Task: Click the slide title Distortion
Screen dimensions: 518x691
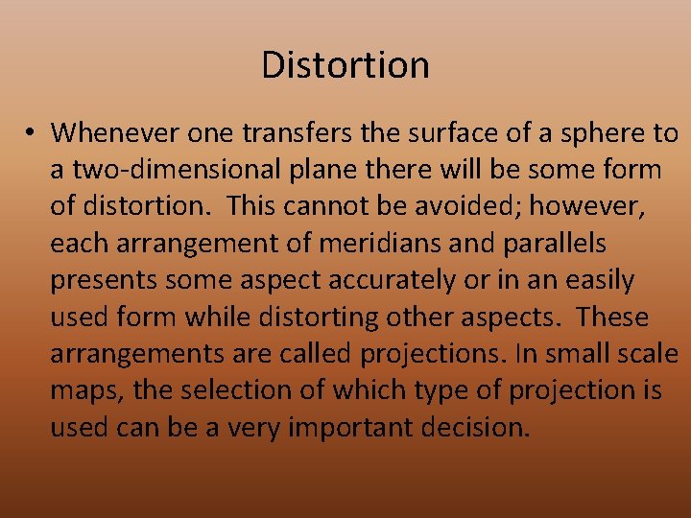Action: pyautogui.click(x=345, y=65)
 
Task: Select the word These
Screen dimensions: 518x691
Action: pyautogui.click(x=614, y=318)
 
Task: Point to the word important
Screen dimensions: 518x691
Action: pyautogui.click(x=352, y=427)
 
